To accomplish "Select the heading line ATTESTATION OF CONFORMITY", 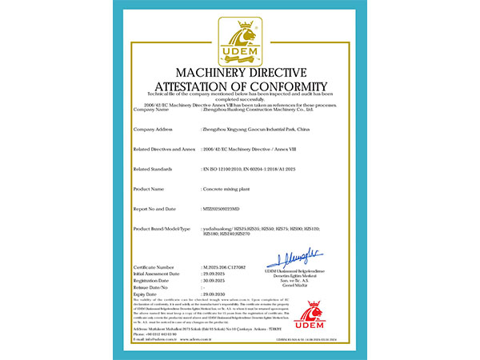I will (241, 86).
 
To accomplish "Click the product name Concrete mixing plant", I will (230, 189).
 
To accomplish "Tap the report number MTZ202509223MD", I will (225, 208).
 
